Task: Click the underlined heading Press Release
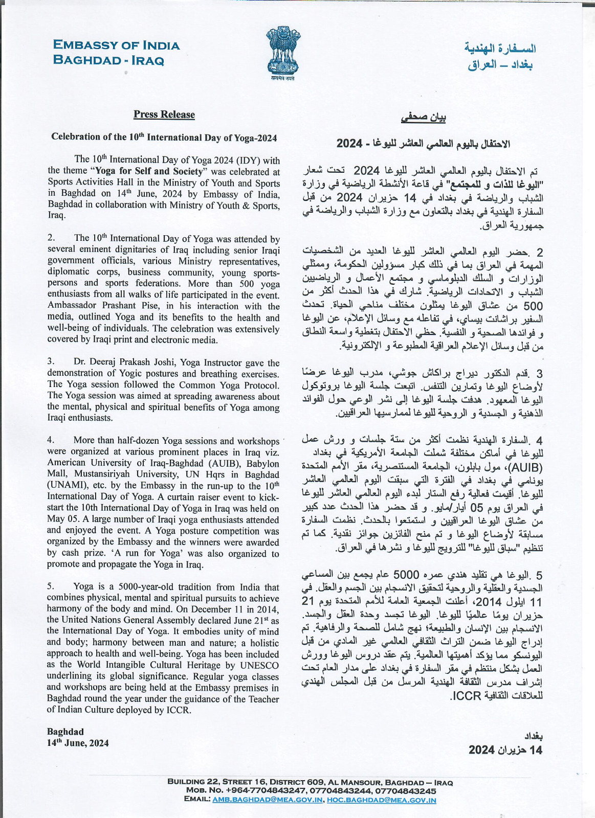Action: pyautogui.click(x=164, y=115)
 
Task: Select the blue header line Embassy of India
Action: pyautogui.click(x=117, y=46)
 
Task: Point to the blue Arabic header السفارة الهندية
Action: pyautogui.click(x=500, y=49)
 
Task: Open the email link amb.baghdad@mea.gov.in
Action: pyautogui.click(x=268, y=800)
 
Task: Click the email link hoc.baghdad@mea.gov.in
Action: pyautogui.click(x=382, y=800)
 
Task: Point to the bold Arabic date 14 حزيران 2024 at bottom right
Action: pyautogui.click(x=505, y=750)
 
